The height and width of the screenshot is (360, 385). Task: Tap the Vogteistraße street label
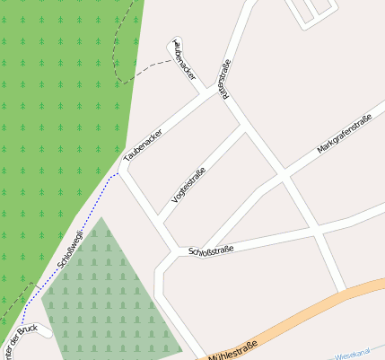[189, 186]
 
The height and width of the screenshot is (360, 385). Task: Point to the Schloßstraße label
[211, 250]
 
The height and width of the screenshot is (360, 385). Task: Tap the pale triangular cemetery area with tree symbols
[103, 296]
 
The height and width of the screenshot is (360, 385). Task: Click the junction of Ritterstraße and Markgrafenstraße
[285, 177]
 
